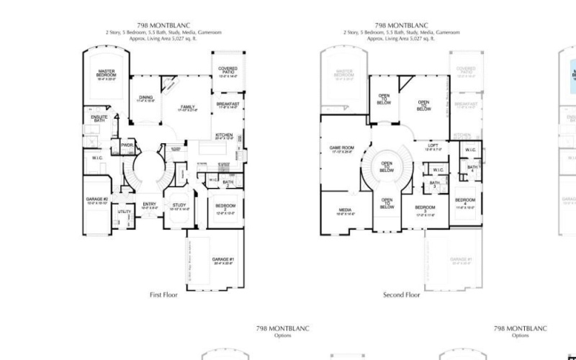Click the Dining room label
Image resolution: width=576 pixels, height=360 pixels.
pyautogui.click(x=146, y=99)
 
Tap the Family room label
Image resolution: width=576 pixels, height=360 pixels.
pyautogui.click(x=187, y=108)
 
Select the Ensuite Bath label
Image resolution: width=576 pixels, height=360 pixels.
pyautogui.click(x=99, y=118)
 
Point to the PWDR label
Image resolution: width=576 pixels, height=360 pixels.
pyautogui.click(x=127, y=145)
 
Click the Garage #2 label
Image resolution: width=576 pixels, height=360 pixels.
pyautogui.click(x=96, y=200)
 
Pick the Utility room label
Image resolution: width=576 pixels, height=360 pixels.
pyautogui.click(x=124, y=212)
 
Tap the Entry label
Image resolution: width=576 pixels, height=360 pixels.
pyautogui.click(x=149, y=205)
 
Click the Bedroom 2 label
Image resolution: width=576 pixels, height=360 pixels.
pyautogui.click(x=225, y=208)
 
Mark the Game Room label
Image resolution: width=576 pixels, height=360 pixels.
pyautogui.click(x=342, y=148)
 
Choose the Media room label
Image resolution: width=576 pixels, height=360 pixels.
pyautogui.click(x=345, y=211)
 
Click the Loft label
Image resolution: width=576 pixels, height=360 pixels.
pyautogui.click(x=433, y=146)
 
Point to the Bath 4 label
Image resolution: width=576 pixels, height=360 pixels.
pyautogui.click(x=472, y=168)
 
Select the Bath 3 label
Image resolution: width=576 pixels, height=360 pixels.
pyautogui.click(x=435, y=184)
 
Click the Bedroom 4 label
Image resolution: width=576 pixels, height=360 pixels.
pyautogui.click(x=464, y=202)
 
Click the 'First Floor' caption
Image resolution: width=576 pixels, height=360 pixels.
pyautogui.click(x=163, y=294)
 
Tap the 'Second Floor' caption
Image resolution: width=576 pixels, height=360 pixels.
pyautogui.click(x=401, y=294)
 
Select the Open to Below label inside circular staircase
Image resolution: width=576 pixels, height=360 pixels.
pyautogui.click(x=387, y=167)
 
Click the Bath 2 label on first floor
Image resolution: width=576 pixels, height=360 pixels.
pyautogui.click(x=228, y=182)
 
